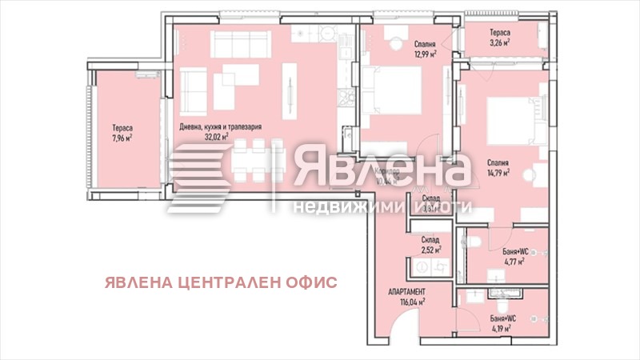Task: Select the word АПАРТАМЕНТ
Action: pyautogui.click(x=406, y=292)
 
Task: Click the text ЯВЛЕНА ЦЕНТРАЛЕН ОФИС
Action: pyautogui.click(x=220, y=282)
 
